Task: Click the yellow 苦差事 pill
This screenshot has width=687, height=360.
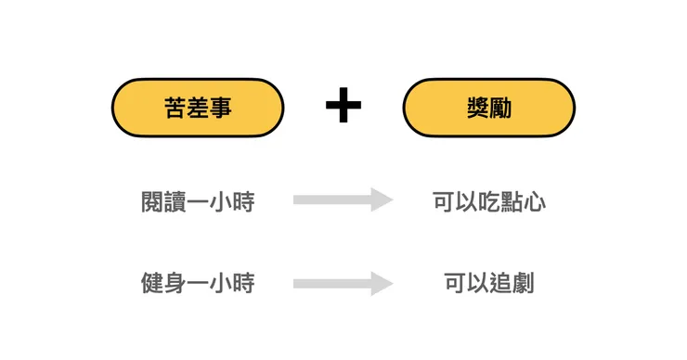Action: [197, 108]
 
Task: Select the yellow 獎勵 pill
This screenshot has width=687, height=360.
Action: [488, 108]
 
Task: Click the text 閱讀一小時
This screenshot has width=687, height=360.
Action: [197, 201]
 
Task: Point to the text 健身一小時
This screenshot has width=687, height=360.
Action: [197, 283]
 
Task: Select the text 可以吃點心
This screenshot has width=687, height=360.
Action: [489, 201]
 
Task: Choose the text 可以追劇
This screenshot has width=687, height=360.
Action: [489, 283]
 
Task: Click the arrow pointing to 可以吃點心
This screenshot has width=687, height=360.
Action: [343, 199]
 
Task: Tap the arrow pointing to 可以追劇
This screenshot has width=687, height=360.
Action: [343, 283]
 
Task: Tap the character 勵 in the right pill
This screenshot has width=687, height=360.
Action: [501, 109]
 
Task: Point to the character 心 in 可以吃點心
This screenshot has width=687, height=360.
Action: [535, 201]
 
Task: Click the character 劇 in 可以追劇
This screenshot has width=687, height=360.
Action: [524, 283]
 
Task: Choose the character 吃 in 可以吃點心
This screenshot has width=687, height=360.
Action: [489, 201]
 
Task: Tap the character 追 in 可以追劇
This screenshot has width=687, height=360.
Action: [500, 283]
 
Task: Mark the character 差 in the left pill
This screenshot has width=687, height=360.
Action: [197, 109]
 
